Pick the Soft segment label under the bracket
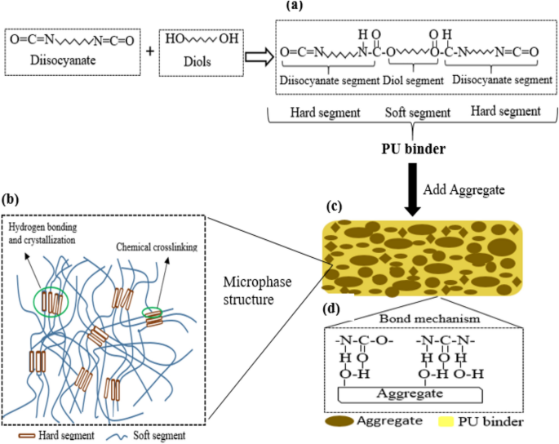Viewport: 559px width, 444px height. tap(417, 110)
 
